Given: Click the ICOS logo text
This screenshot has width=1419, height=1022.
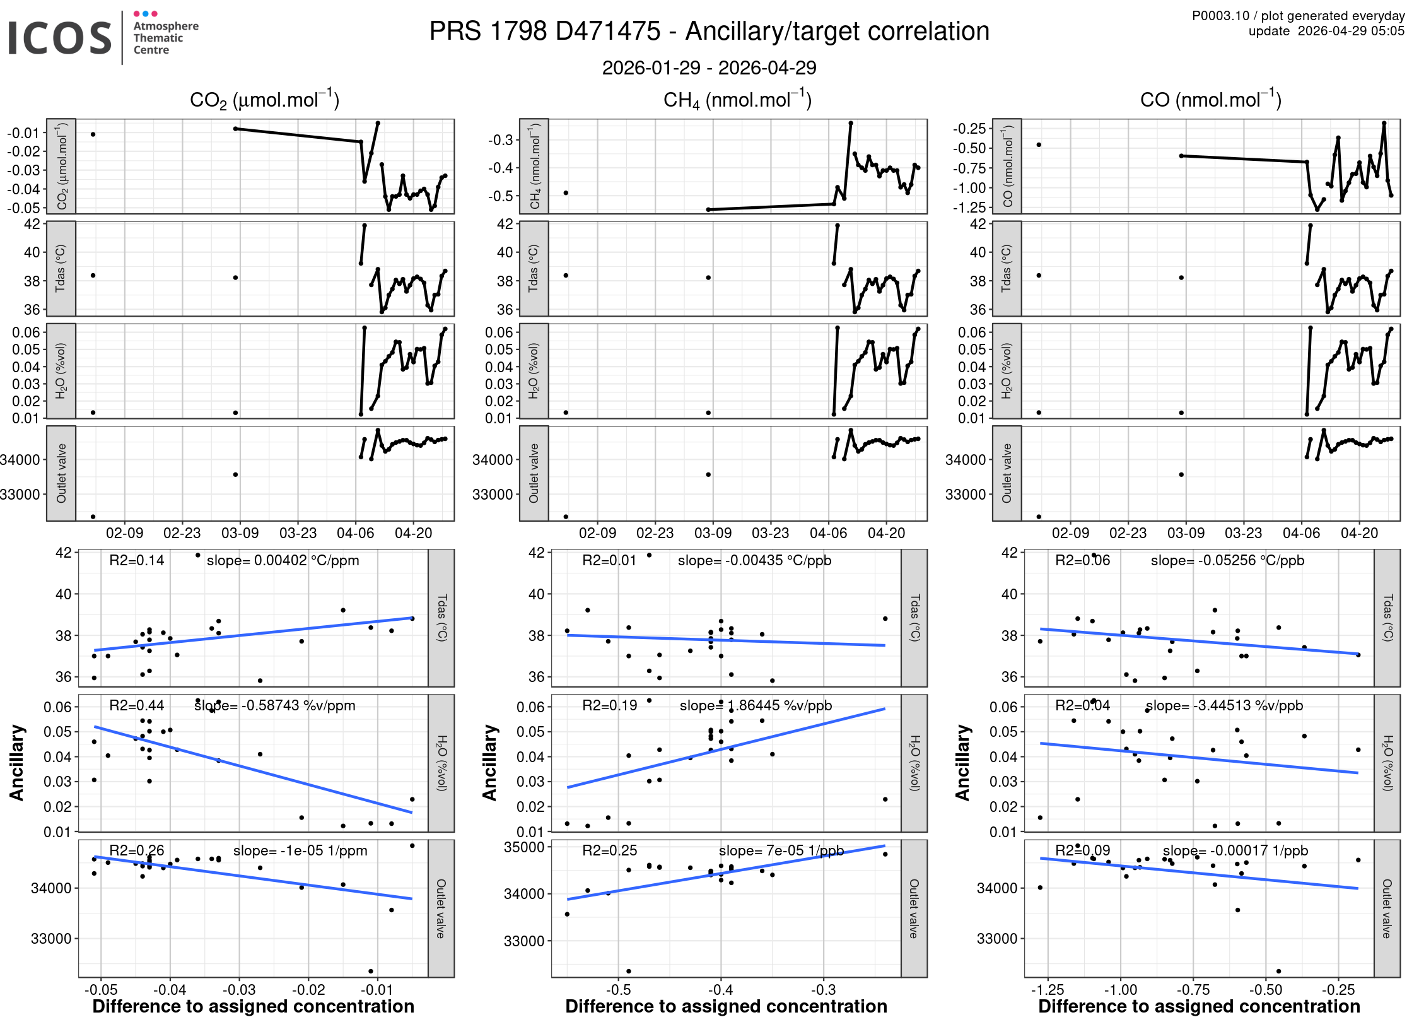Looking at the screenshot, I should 59,38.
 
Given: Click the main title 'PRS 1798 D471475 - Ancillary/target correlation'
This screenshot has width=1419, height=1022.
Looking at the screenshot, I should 709,32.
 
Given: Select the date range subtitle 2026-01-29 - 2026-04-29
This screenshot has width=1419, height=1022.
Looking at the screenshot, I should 709,68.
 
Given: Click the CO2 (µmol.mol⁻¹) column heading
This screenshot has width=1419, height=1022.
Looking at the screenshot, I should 264,100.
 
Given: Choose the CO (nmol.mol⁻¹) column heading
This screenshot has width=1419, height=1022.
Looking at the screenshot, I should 1210,100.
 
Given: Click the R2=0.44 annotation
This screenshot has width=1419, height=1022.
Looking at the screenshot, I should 136,705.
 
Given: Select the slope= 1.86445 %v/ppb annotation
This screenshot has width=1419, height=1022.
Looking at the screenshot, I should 756,705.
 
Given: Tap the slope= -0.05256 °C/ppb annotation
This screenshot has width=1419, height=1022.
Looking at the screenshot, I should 1227,560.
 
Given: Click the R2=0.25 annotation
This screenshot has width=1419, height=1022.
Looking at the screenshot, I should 609,850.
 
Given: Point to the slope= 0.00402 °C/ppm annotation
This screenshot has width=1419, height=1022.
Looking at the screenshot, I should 283,560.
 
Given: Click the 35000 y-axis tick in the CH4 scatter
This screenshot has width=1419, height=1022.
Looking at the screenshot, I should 523,847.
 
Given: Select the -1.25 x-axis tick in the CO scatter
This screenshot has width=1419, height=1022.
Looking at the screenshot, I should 1047,990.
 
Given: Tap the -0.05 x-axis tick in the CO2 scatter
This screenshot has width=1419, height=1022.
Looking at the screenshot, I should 100,990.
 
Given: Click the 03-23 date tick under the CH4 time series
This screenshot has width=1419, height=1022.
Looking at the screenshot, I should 770,533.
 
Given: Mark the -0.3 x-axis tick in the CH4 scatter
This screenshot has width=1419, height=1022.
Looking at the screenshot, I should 823,990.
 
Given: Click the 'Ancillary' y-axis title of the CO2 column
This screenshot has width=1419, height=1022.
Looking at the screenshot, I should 17,762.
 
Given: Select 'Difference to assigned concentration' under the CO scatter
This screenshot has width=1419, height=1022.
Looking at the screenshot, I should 1199,1006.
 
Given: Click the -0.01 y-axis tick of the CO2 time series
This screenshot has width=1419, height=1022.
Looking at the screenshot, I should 23,132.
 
